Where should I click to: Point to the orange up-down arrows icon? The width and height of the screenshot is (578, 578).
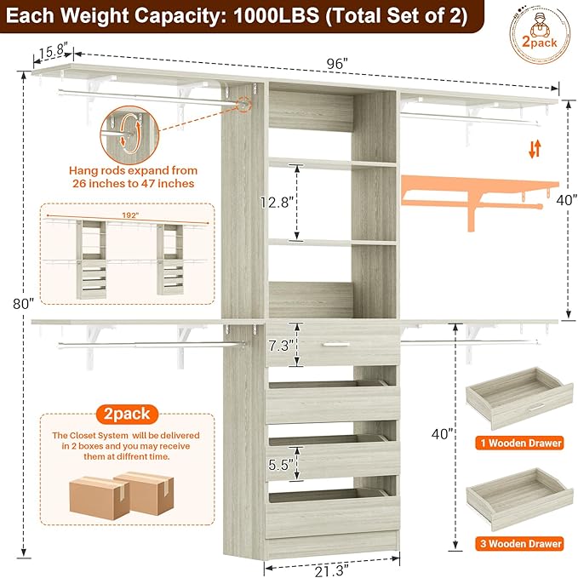[534, 150]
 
